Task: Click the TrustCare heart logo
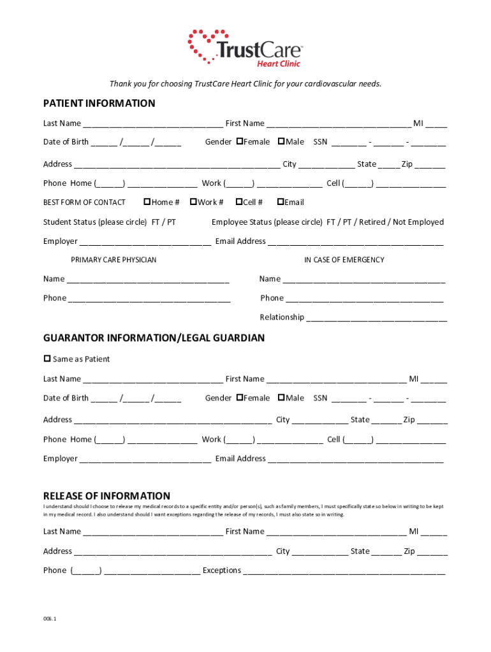click(208, 45)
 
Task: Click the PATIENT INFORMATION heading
click(99, 103)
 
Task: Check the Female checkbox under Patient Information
click(239, 141)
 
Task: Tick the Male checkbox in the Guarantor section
click(281, 398)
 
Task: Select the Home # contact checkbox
click(147, 202)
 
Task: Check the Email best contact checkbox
click(280, 202)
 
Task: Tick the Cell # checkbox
click(238, 202)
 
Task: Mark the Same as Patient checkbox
click(47, 358)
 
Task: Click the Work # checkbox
click(193, 202)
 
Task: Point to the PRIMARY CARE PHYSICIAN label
click(114, 260)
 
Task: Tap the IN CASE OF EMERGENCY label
click(344, 260)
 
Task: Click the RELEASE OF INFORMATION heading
click(106, 496)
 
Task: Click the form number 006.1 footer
click(50, 618)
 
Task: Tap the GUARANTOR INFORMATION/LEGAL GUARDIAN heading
click(154, 338)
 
